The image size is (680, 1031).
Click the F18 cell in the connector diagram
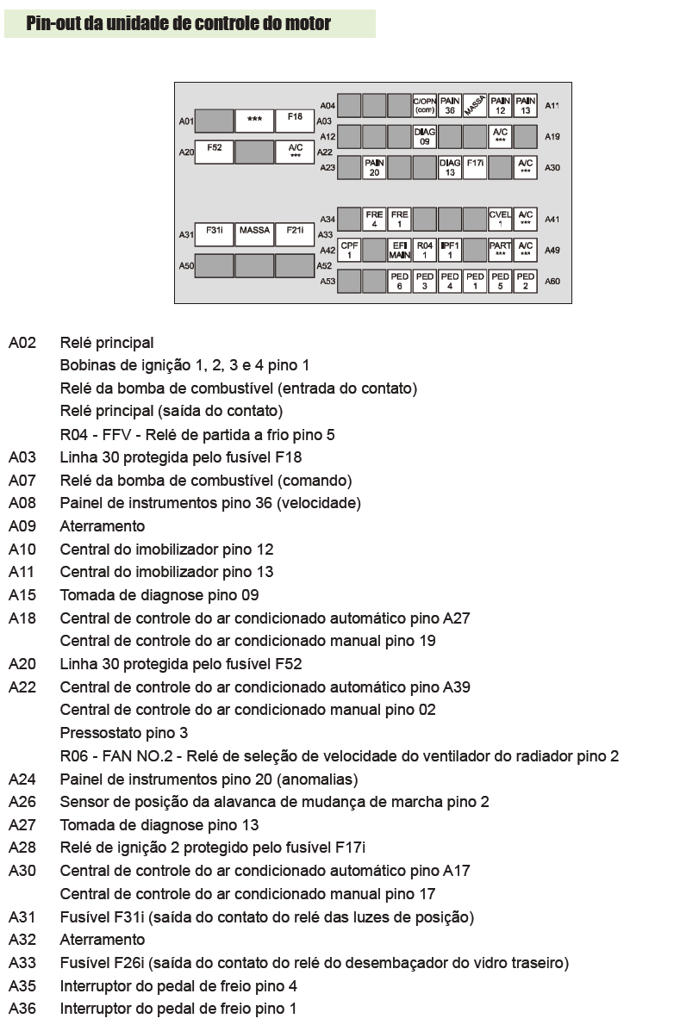pyautogui.click(x=295, y=120)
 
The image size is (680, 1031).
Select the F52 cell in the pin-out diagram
pyautogui.click(x=215, y=152)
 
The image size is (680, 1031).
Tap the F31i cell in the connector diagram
pyautogui.click(x=215, y=234)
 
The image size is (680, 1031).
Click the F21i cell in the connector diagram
pyautogui.click(x=295, y=234)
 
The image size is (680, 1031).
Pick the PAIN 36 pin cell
pyautogui.click(x=450, y=105)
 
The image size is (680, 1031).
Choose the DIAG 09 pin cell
pyautogui.click(x=424, y=137)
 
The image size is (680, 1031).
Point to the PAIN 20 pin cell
pyautogui.click(x=374, y=167)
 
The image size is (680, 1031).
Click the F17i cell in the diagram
pyautogui.click(x=475, y=167)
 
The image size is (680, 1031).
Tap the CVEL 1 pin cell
pyautogui.click(x=500, y=219)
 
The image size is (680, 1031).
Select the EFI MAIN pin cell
pyautogui.click(x=399, y=250)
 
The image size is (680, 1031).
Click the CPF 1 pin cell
pyautogui.click(x=349, y=250)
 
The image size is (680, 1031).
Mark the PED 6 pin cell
pyautogui.click(x=399, y=281)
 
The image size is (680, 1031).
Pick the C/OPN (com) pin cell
pyautogui.click(x=424, y=105)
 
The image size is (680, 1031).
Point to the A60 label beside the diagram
pyautogui.click(x=552, y=281)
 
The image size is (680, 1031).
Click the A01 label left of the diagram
pyautogui.click(x=186, y=121)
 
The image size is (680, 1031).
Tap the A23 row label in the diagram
pyautogui.click(x=328, y=167)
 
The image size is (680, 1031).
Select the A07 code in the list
pyautogui.click(x=22, y=481)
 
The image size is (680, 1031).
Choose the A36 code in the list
pyautogui.click(x=22, y=1009)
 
